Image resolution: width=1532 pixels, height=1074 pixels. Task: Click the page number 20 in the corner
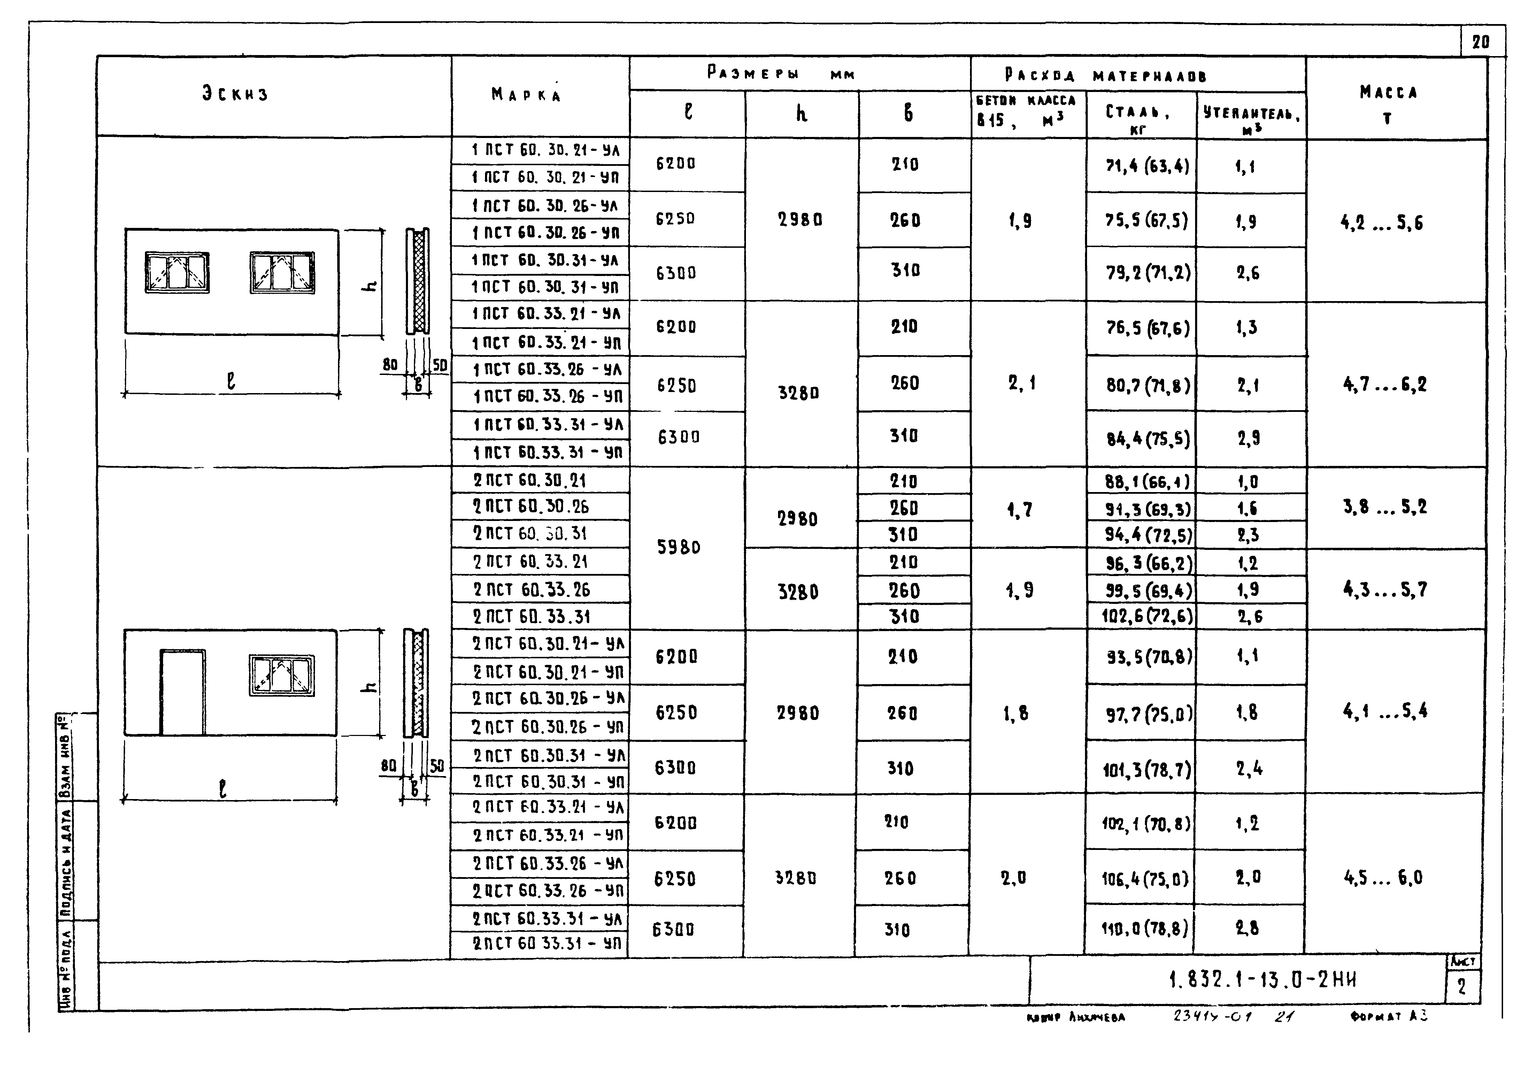tap(1481, 42)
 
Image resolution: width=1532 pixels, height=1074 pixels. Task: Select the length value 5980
tap(679, 547)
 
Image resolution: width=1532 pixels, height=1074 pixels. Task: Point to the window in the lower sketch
tap(282, 675)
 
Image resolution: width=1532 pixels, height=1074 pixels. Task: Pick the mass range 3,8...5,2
tap(1385, 507)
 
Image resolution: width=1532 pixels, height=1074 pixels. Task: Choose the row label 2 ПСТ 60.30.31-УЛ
tap(548, 755)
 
